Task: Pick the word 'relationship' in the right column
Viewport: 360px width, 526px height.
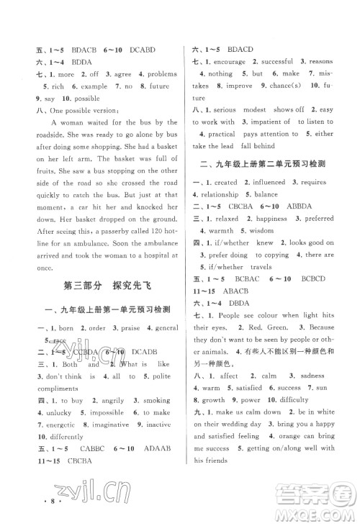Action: [x=220, y=195]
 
